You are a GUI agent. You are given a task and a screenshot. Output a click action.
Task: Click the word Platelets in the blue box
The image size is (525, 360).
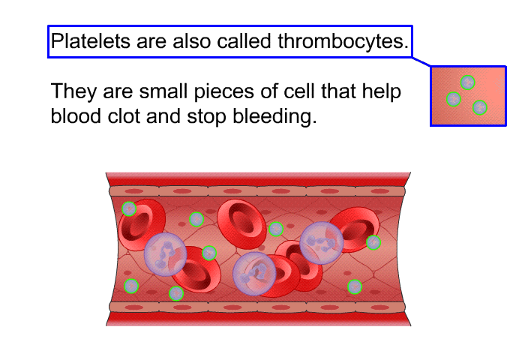pyautogui.click(x=91, y=41)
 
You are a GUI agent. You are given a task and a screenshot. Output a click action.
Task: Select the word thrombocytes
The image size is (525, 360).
pyautogui.click(x=343, y=41)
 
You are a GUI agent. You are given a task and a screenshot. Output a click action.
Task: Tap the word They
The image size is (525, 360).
pyautogui.click(x=73, y=91)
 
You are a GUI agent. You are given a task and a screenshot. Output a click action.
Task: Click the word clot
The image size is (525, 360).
pyautogui.click(x=124, y=116)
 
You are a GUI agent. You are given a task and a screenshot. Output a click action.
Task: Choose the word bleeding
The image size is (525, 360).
pyautogui.click(x=274, y=116)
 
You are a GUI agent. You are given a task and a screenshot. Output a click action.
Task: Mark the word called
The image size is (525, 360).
pyautogui.click(x=244, y=41)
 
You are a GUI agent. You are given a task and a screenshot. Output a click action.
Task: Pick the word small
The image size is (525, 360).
pyautogui.click(x=163, y=91)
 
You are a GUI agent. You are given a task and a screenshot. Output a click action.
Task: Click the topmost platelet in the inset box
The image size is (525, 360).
pyautogui.click(x=467, y=82)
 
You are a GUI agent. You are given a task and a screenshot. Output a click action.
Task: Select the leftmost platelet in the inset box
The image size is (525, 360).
pyautogui.click(x=454, y=99)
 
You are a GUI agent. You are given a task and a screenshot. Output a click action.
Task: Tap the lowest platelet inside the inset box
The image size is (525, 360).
pyautogui.click(x=479, y=107)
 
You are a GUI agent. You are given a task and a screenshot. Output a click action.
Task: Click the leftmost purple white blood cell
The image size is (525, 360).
pyautogui.click(x=165, y=254)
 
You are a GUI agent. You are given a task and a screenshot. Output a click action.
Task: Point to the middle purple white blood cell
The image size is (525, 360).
pyautogui.click(x=254, y=274)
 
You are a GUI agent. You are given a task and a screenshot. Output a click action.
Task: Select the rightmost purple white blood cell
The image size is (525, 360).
pyautogui.click(x=322, y=243)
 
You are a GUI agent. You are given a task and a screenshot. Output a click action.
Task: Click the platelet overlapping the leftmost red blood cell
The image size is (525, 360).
pyautogui.click(x=129, y=208)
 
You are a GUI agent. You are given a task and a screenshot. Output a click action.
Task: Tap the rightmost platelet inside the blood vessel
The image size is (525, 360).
pyautogui.click(x=373, y=242)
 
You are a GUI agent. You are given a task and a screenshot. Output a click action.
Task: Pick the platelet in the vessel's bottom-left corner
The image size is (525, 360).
pyautogui.click(x=131, y=286)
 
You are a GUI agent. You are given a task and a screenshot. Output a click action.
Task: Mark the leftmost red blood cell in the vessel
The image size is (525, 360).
pyautogui.click(x=142, y=225)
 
